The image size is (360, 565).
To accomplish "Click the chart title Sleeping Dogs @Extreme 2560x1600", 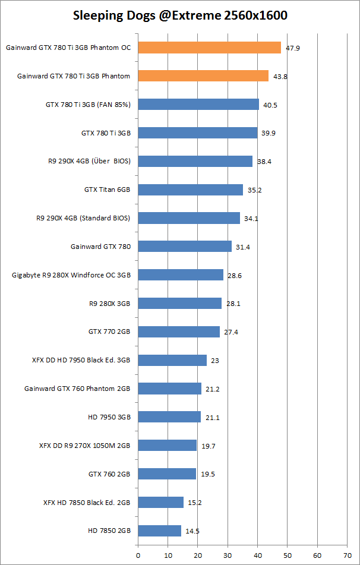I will click(x=180, y=15).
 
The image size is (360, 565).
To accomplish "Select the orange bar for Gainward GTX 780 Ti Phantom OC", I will click(x=209, y=48).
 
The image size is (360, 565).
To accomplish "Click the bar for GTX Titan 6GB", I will click(x=190, y=190).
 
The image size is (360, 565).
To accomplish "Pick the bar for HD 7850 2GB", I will click(x=159, y=531).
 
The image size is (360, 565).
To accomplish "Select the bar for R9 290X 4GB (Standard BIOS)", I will click(x=189, y=218).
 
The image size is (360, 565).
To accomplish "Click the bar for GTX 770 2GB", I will click(x=179, y=332).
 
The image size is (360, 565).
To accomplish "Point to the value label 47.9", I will click(x=292, y=48).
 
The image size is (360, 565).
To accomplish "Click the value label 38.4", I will click(x=264, y=162).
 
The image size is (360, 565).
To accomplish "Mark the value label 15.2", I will click(x=195, y=503).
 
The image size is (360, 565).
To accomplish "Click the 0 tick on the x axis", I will click(x=138, y=555).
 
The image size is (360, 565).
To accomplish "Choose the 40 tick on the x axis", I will click(x=257, y=555).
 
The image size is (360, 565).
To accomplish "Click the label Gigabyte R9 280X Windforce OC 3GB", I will click(x=71, y=275).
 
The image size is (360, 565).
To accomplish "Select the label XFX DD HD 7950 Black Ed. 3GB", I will click(x=81, y=360).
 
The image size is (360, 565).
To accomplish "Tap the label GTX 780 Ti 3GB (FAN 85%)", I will click(x=88, y=105).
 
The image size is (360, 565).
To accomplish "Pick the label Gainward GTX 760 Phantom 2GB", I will click(x=77, y=389).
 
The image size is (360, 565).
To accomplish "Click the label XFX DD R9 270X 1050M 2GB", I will click(x=84, y=446).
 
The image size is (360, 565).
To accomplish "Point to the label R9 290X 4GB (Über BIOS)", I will click(x=89, y=162).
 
